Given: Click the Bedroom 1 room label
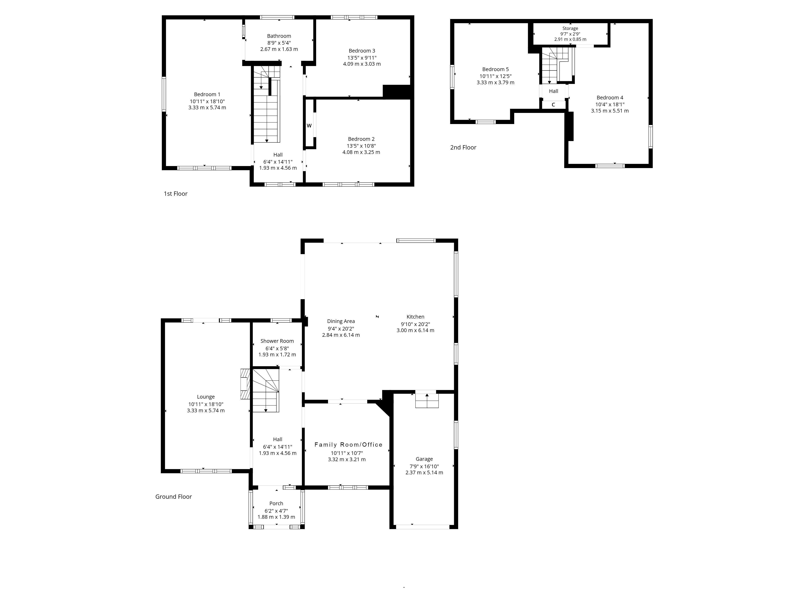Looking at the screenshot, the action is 207,95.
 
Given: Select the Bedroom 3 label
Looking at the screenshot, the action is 362,51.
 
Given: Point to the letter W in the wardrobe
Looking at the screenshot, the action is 309,126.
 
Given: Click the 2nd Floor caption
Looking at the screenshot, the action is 463,148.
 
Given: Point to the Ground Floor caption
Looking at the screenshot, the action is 174,497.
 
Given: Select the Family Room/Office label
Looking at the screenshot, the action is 348,445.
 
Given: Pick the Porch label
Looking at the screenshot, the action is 276,503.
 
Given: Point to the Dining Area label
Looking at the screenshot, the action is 341,321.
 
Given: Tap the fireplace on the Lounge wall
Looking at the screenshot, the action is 245,384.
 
